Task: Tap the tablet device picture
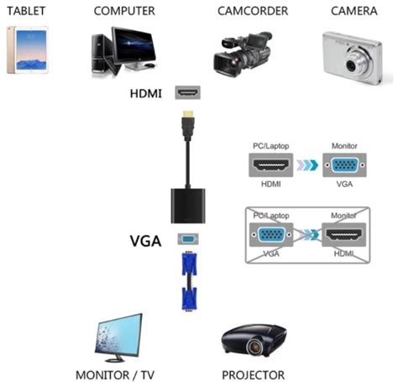(26, 49)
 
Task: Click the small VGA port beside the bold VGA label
(186, 239)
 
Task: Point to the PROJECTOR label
(253, 374)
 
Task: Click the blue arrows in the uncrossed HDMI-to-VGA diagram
(308, 166)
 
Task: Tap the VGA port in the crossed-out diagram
(270, 234)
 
